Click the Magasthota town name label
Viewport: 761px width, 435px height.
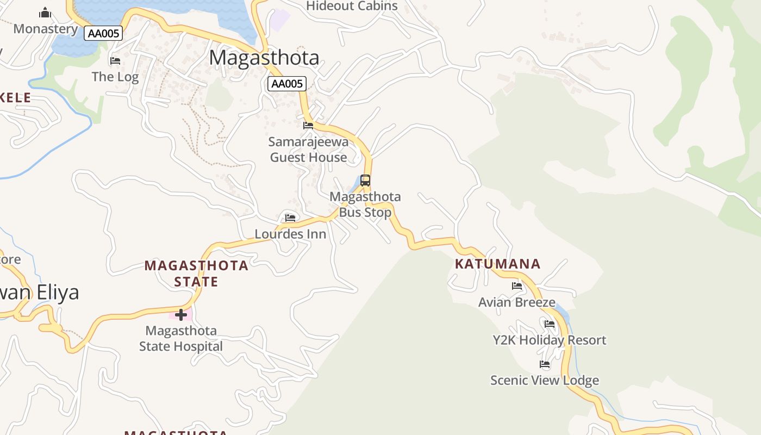tap(264, 58)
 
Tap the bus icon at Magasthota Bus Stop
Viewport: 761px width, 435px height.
tap(365, 181)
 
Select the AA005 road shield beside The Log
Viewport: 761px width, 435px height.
tap(103, 33)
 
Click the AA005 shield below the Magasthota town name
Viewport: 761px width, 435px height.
tap(287, 84)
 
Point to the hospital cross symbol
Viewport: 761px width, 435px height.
tap(181, 314)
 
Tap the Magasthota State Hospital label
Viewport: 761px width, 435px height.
tap(181, 338)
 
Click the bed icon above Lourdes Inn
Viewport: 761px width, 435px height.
tap(290, 218)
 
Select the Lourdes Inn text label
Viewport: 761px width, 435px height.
tap(291, 234)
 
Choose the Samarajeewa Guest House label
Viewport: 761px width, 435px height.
tap(308, 150)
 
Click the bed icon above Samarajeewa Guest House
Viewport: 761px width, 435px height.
tap(308, 126)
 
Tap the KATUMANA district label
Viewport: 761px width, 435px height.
tap(497, 264)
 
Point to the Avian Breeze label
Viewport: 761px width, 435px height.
tap(517, 302)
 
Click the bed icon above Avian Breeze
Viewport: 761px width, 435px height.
tap(517, 286)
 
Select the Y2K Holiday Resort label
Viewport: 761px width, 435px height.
tap(549, 340)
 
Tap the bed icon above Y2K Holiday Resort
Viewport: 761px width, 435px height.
tap(550, 324)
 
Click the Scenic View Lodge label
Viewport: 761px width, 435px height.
tap(545, 380)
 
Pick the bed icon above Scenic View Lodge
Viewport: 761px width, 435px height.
tap(545, 364)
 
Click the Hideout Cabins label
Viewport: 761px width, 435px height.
tap(352, 6)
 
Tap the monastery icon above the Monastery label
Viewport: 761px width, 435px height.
tap(45, 13)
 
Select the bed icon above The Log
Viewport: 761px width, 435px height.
tap(115, 61)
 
